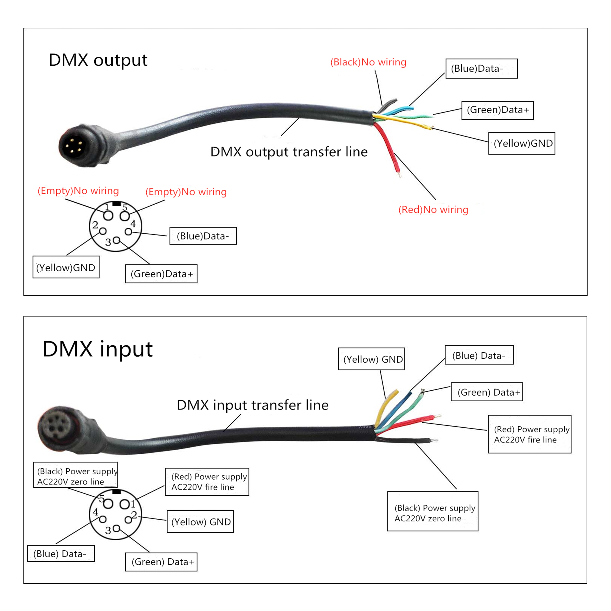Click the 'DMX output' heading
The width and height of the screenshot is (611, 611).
pos(98,60)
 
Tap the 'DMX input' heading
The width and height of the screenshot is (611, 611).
pos(98,349)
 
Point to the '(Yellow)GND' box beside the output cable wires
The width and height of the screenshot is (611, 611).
pos(522,143)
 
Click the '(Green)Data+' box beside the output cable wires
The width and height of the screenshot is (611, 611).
pos(497,110)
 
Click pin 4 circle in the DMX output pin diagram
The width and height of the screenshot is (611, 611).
pos(128,231)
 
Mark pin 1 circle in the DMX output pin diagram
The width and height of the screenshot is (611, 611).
pos(108,216)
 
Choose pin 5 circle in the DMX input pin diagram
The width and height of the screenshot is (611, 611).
pos(108,504)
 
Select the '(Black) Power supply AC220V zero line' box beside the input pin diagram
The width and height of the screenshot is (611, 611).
pos(75,475)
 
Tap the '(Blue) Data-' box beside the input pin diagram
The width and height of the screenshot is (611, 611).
pos(61,553)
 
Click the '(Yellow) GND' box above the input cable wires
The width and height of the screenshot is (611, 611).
pos(372,359)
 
